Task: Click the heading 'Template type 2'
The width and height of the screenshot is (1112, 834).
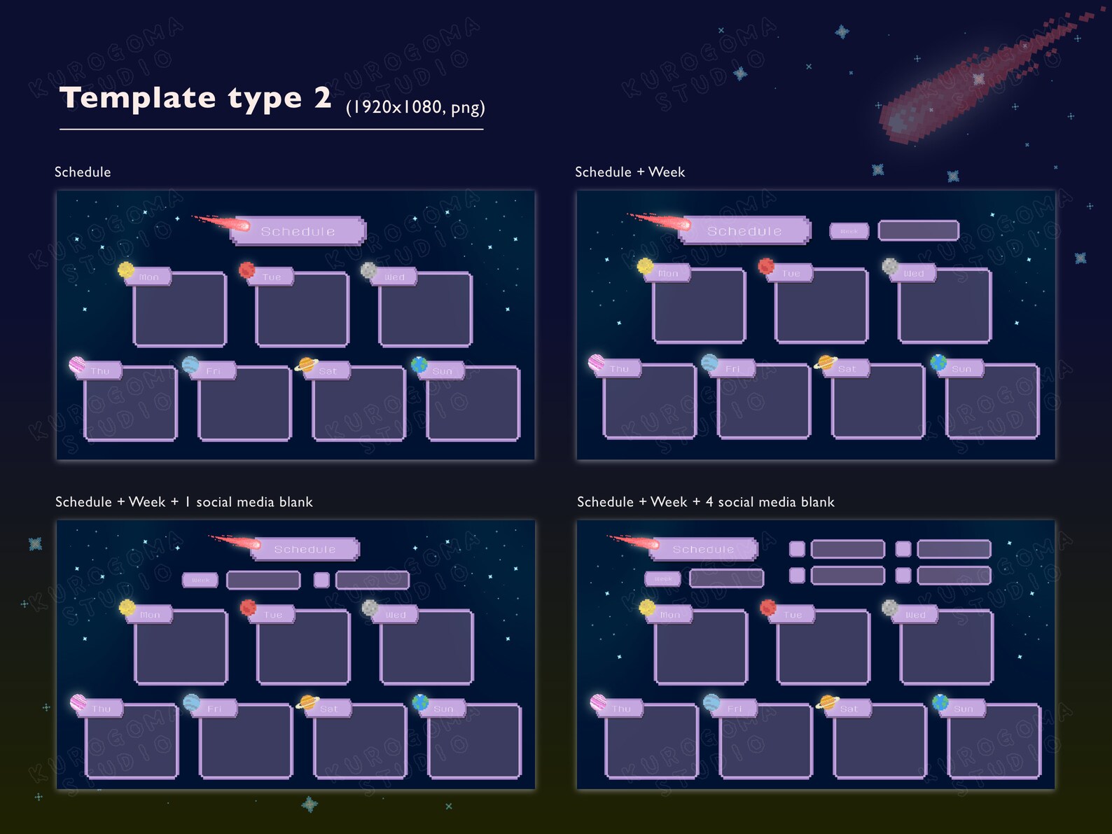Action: pos(195,98)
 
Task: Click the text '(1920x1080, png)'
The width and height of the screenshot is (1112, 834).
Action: pos(415,107)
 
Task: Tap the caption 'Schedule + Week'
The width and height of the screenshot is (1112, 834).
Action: pos(630,172)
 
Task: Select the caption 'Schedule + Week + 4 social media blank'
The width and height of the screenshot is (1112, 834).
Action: pos(705,502)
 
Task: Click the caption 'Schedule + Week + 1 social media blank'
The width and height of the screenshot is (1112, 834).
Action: pos(183,502)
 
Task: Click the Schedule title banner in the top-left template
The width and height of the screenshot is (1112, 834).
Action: pos(298,231)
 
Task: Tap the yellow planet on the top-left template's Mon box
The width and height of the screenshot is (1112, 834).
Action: pos(126,270)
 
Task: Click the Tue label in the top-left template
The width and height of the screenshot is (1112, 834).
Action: pos(272,277)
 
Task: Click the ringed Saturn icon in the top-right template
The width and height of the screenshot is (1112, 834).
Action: pos(826,363)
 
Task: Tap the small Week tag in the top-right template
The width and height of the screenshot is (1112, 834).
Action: pos(849,231)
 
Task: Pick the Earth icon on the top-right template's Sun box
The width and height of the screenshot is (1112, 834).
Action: pos(938,362)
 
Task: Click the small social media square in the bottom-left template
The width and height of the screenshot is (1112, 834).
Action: pos(321,580)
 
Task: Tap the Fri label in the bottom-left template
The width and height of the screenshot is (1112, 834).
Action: pos(214,709)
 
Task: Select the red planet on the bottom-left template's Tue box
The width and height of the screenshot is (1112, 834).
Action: pos(248,607)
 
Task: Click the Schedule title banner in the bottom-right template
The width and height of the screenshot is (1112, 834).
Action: pos(704,549)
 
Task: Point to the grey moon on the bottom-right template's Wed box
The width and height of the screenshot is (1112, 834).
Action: pos(890,607)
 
